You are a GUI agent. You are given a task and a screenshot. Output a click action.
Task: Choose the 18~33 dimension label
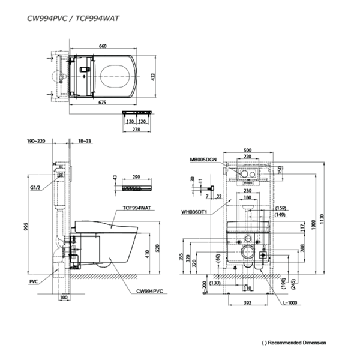84,141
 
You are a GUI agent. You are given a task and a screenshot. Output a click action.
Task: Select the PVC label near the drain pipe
33,280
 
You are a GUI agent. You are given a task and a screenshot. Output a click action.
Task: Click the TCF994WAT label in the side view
135,208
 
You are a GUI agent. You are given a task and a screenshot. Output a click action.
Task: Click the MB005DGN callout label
202,160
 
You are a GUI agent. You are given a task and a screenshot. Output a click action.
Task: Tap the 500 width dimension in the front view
248,150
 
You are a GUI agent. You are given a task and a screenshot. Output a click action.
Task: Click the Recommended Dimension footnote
294,343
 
